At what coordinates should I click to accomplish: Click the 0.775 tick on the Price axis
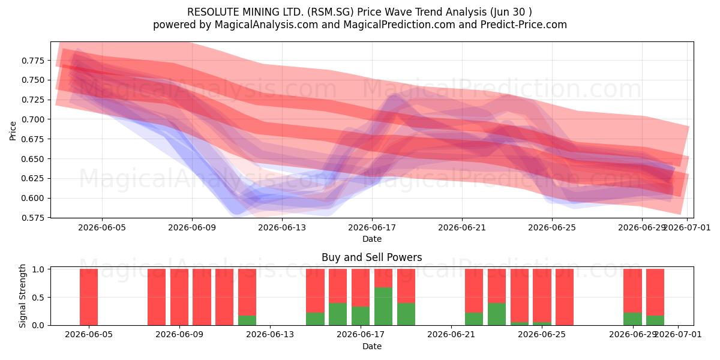pyautogui.click(x=33, y=61)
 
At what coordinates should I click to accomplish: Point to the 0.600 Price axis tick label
pyautogui.click(x=33, y=198)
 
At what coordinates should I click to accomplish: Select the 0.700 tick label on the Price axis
pyautogui.click(x=33, y=119)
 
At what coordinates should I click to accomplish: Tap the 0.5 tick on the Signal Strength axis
pyautogui.click(x=38, y=298)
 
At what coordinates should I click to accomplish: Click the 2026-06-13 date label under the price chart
pyautogui.click(x=282, y=227)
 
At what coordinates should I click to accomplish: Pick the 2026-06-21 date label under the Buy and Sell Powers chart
pyautogui.click(x=451, y=335)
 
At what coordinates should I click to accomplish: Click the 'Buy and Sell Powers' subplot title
pyautogui.click(x=371, y=257)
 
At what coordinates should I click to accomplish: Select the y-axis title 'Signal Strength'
pyautogui.click(x=22, y=296)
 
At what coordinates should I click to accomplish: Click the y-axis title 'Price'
pyautogui.click(x=13, y=131)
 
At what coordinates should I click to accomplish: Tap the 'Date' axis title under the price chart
pyautogui.click(x=372, y=239)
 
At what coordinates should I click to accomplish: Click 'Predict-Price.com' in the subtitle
pyautogui.click(x=524, y=25)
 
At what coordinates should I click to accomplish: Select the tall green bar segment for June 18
pyautogui.click(x=383, y=307)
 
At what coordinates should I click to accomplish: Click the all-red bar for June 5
pyautogui.click(x=89, y=297)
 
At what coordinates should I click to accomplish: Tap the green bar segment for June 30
pyautogui.click(x=655, y=320)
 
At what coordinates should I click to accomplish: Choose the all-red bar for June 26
pyautogui.click(x=565, y=297)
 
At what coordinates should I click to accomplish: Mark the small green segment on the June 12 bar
pyautogui.click(x=247, y=320)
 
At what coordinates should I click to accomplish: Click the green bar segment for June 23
pyautogui.click(x=497, y=314)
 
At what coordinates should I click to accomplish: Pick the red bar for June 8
pyautogui.click(x=157, y=297)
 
